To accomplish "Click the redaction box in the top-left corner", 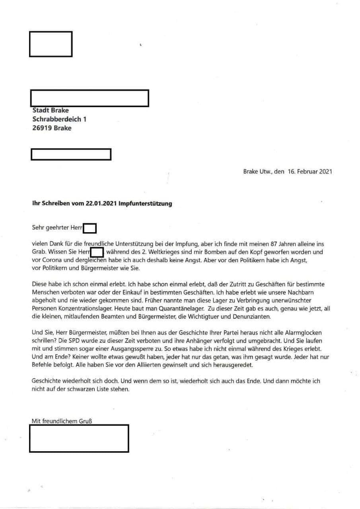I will (51, 44).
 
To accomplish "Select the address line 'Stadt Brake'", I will (50, 110).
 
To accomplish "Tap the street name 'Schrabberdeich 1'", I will (59, 119).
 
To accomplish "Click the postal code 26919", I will (42, 128).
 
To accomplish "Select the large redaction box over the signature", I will (79, 438).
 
